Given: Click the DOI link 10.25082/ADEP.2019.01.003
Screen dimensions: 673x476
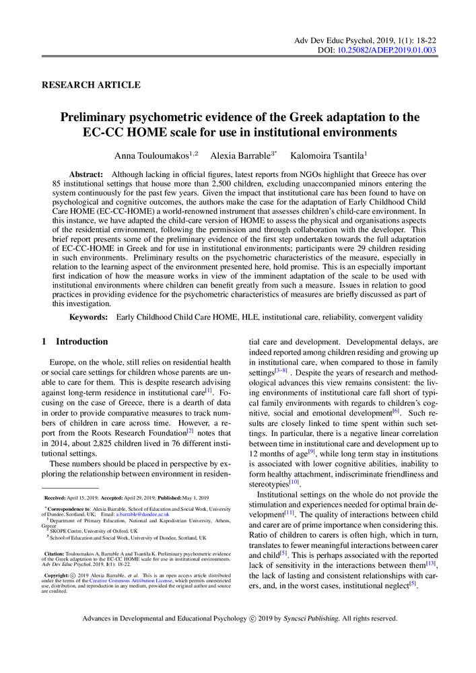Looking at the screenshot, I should click(x=386, y=50).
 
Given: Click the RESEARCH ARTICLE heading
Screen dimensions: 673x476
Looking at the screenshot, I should click(x=91, y=85).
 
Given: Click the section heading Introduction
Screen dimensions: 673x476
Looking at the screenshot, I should click(x=81, y=342).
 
